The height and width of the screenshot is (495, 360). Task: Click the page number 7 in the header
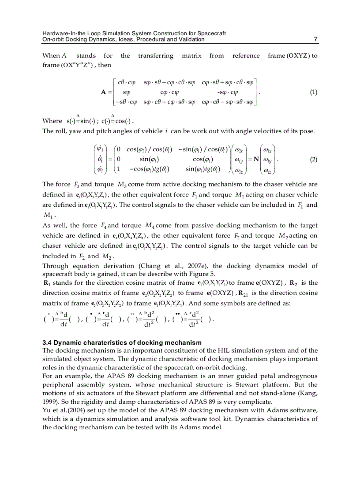tap(315, 39)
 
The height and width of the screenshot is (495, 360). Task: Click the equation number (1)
tap(313, 93)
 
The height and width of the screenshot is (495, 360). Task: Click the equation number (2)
tap(313, 160)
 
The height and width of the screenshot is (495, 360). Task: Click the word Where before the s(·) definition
tap(52, 121)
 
